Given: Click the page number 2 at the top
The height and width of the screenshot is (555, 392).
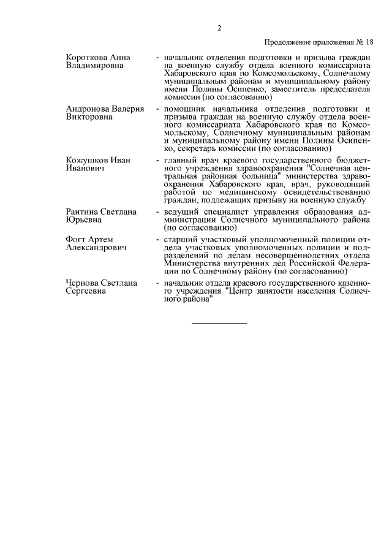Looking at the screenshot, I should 219,27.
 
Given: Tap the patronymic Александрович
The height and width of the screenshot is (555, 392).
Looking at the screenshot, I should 96,247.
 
